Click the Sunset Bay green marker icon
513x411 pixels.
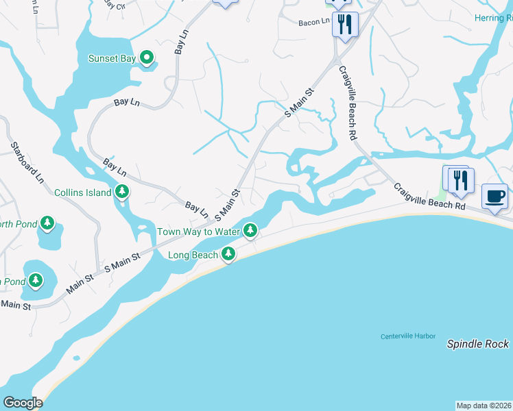pos(147,59)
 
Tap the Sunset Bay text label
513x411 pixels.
pos(112,59)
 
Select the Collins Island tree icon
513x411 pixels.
pos(122,192)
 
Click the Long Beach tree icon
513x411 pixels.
pos(228,255)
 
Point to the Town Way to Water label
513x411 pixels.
pos(198,232)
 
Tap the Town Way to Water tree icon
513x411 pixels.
pos(251,232)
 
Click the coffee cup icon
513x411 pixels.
pos(495,197)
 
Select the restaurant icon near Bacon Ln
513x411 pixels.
pos(344,25)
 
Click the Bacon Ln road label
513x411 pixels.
pos(314,23)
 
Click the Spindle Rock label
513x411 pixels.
pos(477,344)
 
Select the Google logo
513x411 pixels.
pos(23,403)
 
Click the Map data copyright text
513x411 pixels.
pos(484,406)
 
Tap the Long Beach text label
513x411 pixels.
pos(193,256)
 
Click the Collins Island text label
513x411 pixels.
pos(82,193)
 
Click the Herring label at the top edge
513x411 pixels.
pos(492,18)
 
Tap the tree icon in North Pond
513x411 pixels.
pos(47,223)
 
